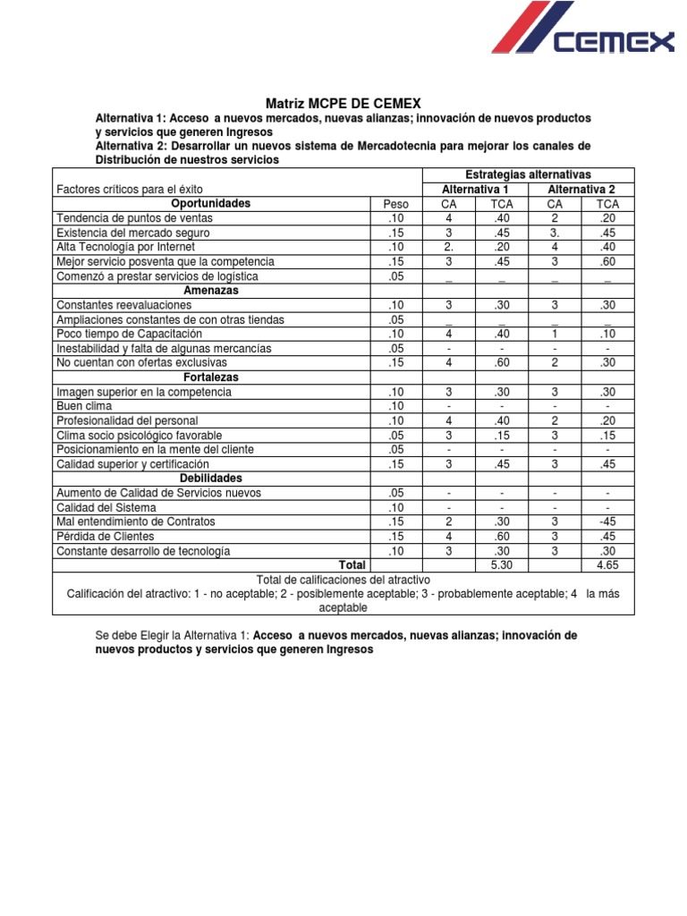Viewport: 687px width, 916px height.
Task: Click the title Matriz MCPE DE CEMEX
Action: [x=343, y=103]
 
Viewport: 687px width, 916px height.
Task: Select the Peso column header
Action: [x=395, y=204]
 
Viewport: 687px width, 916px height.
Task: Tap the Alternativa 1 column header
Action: [x=475, y=190]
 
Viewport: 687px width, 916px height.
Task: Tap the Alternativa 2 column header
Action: [x=581, y=190]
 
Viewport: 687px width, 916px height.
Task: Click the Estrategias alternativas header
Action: [x=528, y=174]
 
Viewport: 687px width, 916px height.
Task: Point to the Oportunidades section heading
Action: [x=211, y=204]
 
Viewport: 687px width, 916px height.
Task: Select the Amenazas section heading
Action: [x=211, y=291]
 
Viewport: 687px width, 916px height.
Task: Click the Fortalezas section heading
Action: [x=211, y=377]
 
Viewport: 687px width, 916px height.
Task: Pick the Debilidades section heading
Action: [x=211, y=479]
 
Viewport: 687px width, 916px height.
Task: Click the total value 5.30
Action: [x=502, y=565]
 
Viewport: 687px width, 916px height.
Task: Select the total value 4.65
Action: [x=607, y=565]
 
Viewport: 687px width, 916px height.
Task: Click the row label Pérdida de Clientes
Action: [x=111, y=536]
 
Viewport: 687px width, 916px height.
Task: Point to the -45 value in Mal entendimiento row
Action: [x=607, y=522]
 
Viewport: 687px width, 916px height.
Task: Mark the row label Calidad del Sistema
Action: [x=106, y=507]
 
